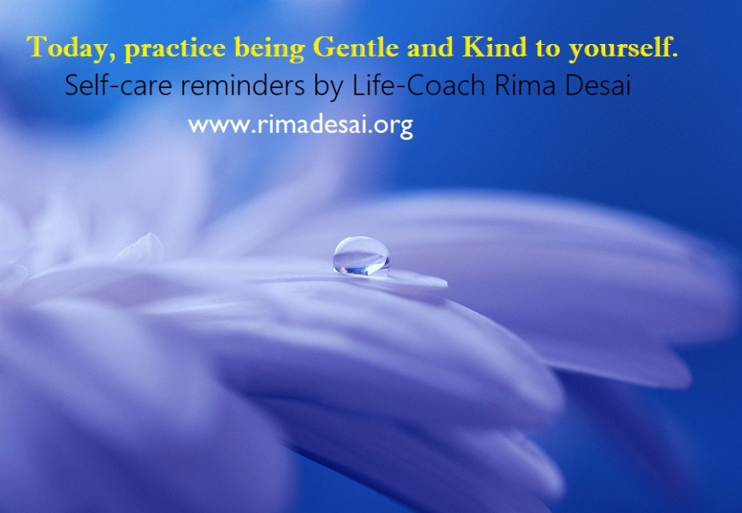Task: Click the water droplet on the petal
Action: click(x=361, y=255)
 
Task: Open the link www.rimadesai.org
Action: click(x=300, y=126)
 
